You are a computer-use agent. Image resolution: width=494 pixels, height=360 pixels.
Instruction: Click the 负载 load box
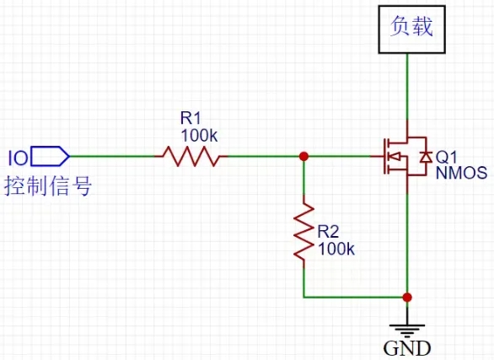[x=411, y=29]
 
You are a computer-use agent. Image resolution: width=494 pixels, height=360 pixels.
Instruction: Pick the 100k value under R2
[x=336, y=249]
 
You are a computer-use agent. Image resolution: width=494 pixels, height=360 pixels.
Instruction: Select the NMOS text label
[x=461, y=174]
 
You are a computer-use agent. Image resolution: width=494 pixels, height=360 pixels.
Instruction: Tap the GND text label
[x=407, y=348]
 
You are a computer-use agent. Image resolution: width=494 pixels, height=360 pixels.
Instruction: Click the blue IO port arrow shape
[x=50, y=156]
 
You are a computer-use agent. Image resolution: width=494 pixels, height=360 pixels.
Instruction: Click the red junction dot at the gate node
[x=303, y=156]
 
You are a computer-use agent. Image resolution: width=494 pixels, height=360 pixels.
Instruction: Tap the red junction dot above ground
[x=407, y=297]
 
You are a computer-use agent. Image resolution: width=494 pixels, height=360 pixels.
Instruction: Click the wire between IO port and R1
[x=114, y=156]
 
